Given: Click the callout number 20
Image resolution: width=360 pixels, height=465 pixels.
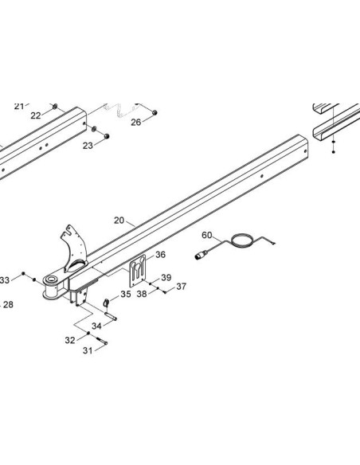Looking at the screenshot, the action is pos(119,221).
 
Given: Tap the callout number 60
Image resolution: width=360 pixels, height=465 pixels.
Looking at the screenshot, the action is pos(207,235).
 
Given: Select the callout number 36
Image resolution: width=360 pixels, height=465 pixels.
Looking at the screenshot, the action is pos(160,255).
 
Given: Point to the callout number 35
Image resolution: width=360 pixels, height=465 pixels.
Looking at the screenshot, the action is pos(126,294).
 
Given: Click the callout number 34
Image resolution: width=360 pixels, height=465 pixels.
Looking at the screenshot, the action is pos(96,326).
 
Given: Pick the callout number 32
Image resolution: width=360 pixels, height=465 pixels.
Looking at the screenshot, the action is pos(70,340).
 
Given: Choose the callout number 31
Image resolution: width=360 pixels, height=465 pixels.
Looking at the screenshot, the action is pos(88,351).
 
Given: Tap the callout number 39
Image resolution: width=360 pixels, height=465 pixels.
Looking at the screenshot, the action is pos(166,278).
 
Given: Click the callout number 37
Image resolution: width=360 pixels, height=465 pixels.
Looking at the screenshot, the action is pos(181,287).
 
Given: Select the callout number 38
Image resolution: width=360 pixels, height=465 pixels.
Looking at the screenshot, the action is pos(142,294).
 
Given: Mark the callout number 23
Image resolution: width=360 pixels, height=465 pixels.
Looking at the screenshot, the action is pos(88,146).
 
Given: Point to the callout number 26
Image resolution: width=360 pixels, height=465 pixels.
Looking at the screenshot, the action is pos(136,122).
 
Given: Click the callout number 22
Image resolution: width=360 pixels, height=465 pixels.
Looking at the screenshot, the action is pos(36,115).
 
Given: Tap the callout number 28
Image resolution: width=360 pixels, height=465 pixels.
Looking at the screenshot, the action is pos(8,305).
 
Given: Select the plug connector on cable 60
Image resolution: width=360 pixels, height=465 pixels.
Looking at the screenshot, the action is pos(202,255).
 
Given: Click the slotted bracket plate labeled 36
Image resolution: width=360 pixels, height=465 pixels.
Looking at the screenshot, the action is pos(138,271).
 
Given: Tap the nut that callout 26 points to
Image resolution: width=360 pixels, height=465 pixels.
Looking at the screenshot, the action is pos(155,113).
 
